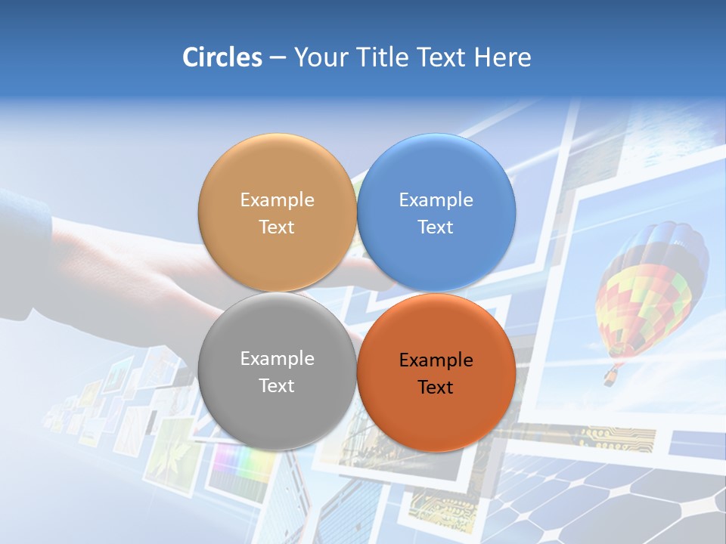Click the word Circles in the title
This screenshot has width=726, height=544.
[x=222, y=57]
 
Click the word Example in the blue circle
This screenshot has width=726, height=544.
[x=436, y=200]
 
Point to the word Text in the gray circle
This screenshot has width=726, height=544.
[x=277, y=385]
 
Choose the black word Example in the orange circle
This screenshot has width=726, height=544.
[x=436, y=360]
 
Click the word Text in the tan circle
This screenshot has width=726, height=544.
[x=277, y=227]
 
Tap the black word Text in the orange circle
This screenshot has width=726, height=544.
[x=436, y=388]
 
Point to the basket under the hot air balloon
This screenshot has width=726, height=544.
[x=610, y=376]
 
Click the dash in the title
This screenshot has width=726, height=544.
[x=278, y=57]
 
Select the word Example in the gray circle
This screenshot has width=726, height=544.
[x=277, y=359]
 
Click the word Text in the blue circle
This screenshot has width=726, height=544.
[x=436, y=227]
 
